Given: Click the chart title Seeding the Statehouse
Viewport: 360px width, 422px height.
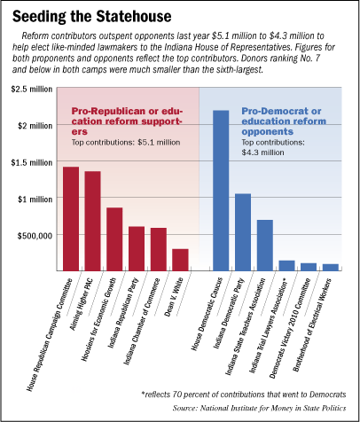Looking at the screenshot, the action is point(91,17).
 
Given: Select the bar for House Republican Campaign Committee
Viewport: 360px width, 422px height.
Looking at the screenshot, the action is point(71,219).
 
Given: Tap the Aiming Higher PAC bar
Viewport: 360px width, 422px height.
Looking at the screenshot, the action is point(93,221).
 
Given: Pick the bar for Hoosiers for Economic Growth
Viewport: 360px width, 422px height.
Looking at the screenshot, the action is point(114,239).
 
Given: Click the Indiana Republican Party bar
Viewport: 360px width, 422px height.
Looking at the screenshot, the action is point(137,248).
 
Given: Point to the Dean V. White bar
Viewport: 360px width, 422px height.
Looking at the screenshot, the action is point(180,260).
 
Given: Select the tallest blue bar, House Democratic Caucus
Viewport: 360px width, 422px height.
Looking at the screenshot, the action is point(221,191).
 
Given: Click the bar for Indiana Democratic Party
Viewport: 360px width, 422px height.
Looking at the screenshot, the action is point(243,232).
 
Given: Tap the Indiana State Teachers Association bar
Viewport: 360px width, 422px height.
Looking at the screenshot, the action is point(265,246).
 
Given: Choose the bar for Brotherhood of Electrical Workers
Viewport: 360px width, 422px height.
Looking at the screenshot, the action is point(331,268).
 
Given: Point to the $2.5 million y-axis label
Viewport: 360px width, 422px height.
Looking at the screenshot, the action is point(32,90).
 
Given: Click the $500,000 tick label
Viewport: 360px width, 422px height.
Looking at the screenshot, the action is point(35,236).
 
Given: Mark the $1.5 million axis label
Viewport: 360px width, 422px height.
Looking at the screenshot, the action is point(32,162).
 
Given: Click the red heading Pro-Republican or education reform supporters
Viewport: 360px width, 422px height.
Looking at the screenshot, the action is point(127,121).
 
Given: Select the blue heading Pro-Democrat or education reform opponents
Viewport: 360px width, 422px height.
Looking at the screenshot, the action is point(284,121).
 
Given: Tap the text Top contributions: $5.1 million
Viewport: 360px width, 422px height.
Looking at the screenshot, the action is point(126,143).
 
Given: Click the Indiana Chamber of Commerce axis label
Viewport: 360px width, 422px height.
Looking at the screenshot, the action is point(141,322).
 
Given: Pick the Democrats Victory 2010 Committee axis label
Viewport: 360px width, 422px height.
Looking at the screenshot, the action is point(290,328).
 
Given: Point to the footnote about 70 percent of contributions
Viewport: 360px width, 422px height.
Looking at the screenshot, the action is point(244,395).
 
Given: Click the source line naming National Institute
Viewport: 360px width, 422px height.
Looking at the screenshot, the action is point(259,408).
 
